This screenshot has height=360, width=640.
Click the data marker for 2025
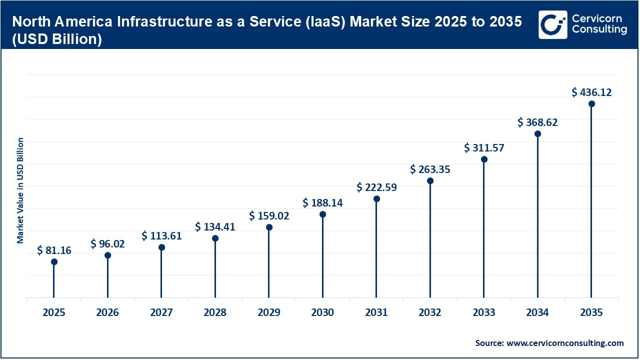[x=54, y=261]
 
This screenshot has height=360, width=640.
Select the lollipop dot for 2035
[x=591, y=103]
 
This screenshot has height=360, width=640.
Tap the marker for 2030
[x=322, y=214]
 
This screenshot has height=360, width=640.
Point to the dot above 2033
[x=484, y=159]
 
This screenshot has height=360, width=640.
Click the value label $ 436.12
[x=591, y=92]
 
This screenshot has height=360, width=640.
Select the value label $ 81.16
[x=54, y=250]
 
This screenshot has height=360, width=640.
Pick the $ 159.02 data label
[x=269, y=216]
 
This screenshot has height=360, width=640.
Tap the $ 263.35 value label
[x=430, y=169]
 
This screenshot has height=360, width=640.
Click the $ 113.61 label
[x=161, y=236]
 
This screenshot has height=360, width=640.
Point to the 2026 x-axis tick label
[x=107, y=312]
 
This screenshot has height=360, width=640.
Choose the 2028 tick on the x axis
[x=215, y=312]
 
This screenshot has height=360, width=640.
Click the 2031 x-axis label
[x=376, y=312]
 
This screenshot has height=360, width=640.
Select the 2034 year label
[x=537, y=312]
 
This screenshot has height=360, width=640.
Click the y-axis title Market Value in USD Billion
[x=20, y=190]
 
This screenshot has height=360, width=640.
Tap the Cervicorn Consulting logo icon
[x=552, y=24]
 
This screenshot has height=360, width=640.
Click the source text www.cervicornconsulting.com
[x=565, y=343]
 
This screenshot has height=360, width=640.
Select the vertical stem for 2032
[x=430, y=240]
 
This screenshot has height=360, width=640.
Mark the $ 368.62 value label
[x=537, y=122]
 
